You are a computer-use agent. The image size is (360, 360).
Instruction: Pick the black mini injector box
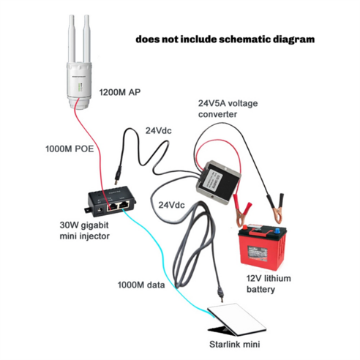coord(110,200)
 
